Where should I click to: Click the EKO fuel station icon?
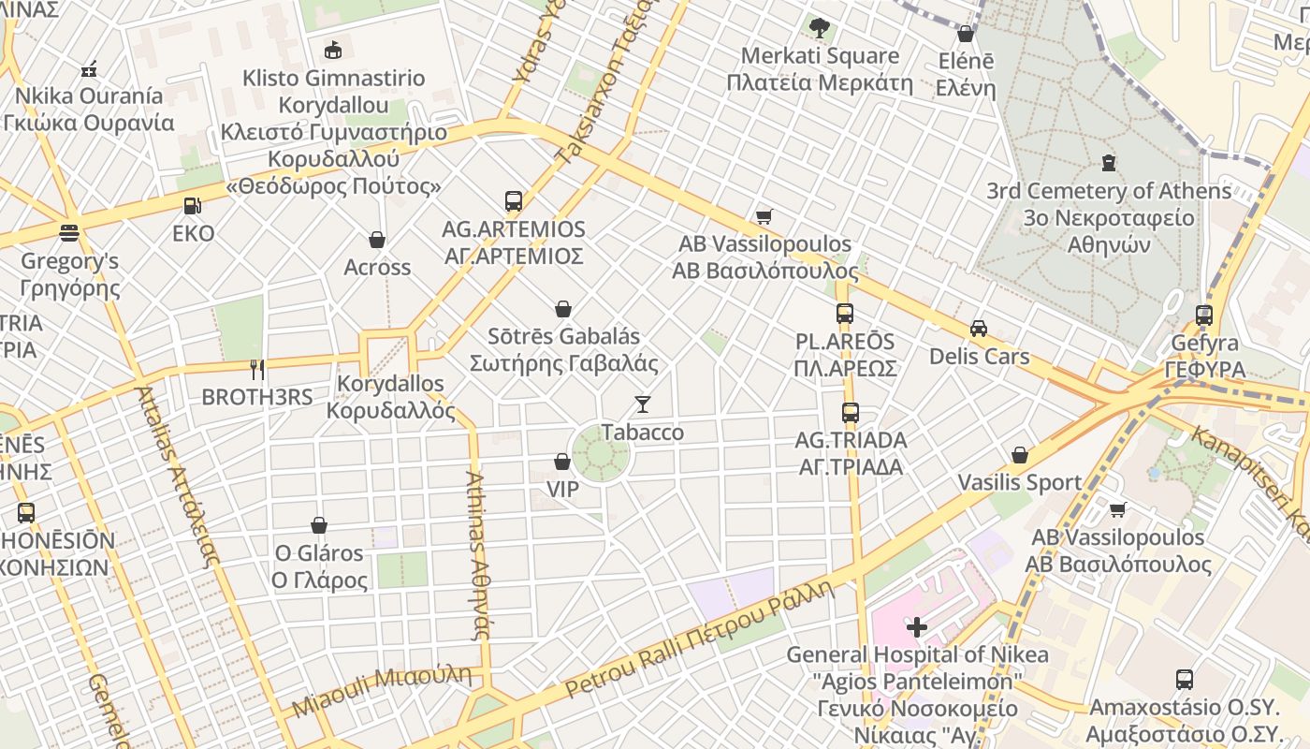point(192,205)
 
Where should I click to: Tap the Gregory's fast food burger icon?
point(68,232)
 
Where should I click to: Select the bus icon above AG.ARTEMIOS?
point(513,200)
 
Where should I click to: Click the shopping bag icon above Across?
point(377,240)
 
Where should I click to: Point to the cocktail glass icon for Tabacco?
point(642,404)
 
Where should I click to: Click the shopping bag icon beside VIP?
point(562,462)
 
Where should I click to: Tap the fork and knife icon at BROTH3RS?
point(257,369)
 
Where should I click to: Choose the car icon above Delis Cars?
point(979,329)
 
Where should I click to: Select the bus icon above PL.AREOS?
point(844,314)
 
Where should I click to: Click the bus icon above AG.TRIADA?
point(850,412)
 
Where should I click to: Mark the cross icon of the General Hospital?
point(916,626)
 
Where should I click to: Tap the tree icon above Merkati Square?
point(820,28)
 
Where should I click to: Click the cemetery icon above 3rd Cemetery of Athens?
point(1109,163)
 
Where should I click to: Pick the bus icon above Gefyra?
point(1203,316)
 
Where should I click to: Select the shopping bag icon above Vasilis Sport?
point(1019,455)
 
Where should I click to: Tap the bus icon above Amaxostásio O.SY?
point(1184,679)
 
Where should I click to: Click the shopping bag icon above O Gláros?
point(319,525)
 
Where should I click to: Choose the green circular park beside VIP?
point(600,452)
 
